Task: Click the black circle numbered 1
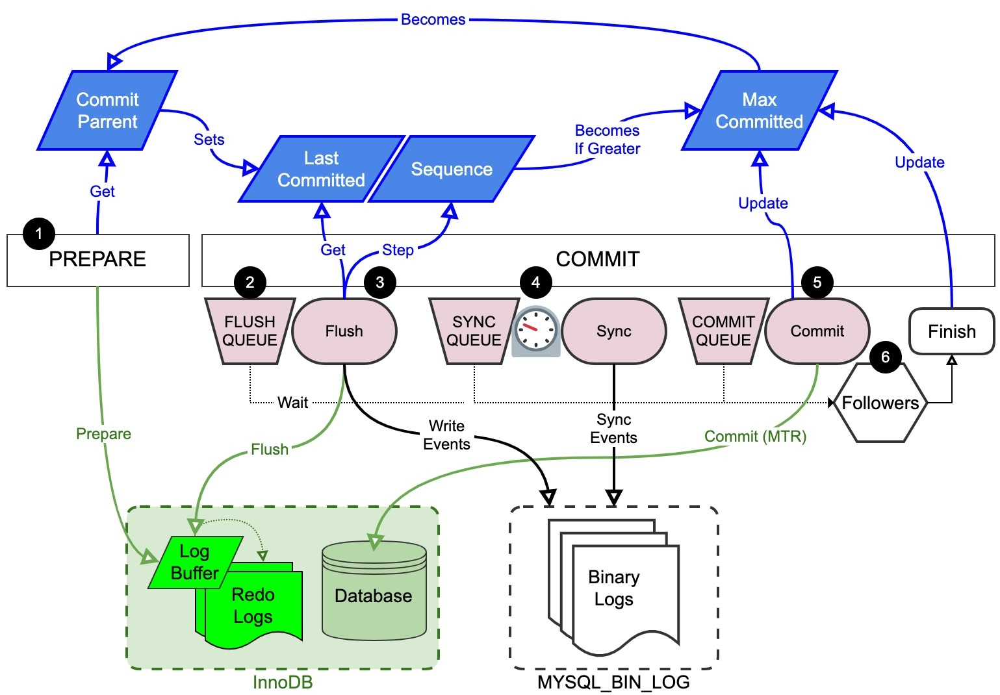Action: (39, 234)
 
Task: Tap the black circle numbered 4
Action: (535, 283)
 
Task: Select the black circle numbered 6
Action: (885, 357)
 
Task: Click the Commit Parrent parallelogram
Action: (107, 110)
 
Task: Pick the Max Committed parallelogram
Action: (759, 110)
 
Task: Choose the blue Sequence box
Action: (452, 170)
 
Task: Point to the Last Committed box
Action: (321, 170)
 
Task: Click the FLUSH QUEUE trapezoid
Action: (250, 331)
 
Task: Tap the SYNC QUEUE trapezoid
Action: (474, 331)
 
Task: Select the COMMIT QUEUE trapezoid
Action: (723, 331)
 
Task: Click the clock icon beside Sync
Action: (536, 331)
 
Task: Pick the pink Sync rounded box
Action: (614, 331)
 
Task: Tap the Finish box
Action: (951, 331)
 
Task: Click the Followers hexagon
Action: (880, 403)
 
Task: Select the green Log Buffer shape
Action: (194, 562)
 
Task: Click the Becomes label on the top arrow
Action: (433, 19)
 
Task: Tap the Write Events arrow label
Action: (447, 435)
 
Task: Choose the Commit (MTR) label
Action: (755, 436)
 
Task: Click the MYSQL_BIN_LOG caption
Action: (613, 682)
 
